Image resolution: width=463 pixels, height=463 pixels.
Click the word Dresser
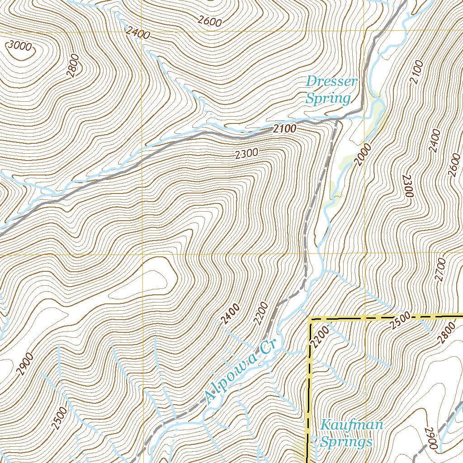pyautogui.click(x=331, y=82)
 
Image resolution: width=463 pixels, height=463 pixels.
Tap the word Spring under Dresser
pyautogui.click(x=328, y=98)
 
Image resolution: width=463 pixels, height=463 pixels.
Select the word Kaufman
pyautogui.click(x=351, y=425)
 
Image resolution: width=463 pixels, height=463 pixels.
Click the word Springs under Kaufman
pyautogui.click(x=346, y=441)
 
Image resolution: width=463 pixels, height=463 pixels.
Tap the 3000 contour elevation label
pyautogui.click(x=19, y=46)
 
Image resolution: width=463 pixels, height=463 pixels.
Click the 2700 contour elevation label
pyautogui.click(x=441, y=269)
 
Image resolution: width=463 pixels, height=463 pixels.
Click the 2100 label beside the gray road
pyautogui.click(x=284, y=129)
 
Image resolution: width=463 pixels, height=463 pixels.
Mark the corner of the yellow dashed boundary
pyautogui.click(x=311, y=319)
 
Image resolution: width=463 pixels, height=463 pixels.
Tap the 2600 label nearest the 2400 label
pyautogui.click(x=210, y=20)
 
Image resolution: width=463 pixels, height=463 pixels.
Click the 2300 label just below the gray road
pyautogui.click(x=246, y=154)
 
